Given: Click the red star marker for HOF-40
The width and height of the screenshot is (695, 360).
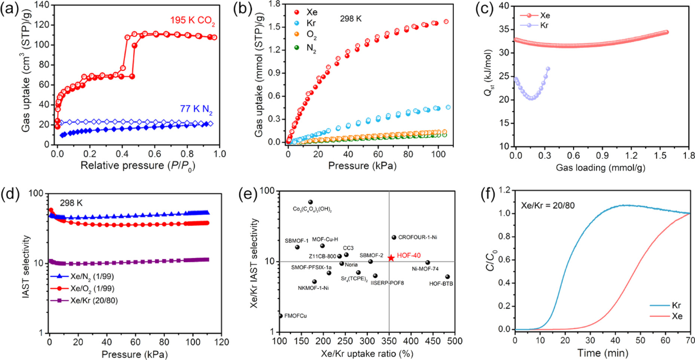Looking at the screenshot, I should (391, 258).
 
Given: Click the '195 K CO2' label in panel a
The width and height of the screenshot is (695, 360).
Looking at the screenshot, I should (192, 21).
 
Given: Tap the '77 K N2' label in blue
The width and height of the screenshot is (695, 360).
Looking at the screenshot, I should (196, 109).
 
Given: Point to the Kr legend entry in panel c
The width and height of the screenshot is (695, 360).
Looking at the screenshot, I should (539, 25).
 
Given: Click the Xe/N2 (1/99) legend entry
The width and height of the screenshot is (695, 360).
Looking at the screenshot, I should (82, 277).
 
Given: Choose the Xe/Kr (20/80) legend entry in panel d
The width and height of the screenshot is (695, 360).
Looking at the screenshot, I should (84, 301).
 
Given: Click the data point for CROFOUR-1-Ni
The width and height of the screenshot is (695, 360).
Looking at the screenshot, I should (394, 238).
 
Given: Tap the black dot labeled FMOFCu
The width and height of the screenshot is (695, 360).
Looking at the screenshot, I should (281, 316).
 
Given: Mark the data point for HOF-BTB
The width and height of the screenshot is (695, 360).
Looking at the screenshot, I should (447, 277).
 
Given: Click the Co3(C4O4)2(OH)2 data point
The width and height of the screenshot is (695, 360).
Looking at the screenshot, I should (310, 202).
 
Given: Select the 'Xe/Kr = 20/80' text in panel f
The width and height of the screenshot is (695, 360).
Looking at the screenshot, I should (548, 205).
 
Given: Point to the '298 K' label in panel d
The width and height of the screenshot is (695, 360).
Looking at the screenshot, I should (71, 203).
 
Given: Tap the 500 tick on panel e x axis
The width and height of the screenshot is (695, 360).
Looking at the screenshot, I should (454, 341).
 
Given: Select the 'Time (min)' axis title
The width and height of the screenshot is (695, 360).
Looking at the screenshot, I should (603, 353).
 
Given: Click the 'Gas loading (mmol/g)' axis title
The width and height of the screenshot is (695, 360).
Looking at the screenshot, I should (600, 167).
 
